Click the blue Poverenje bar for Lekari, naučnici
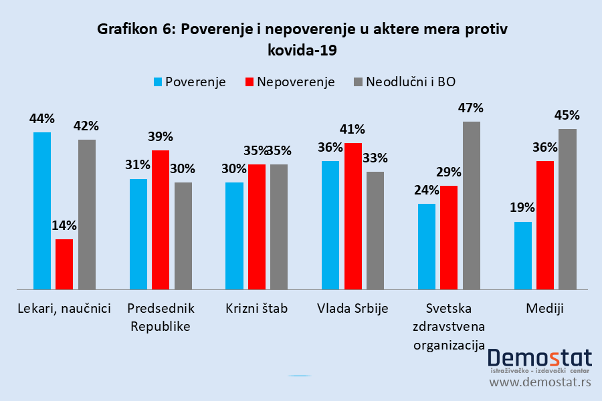42,211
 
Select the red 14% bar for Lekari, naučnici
64,264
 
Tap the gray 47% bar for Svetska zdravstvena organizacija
471,205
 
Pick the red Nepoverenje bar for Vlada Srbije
353,216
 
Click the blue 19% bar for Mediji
523,255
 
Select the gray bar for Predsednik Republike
183,236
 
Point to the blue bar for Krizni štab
234,236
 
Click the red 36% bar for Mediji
545,225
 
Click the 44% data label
41,118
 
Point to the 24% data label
426,190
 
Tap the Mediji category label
545,309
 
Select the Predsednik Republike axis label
161,317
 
